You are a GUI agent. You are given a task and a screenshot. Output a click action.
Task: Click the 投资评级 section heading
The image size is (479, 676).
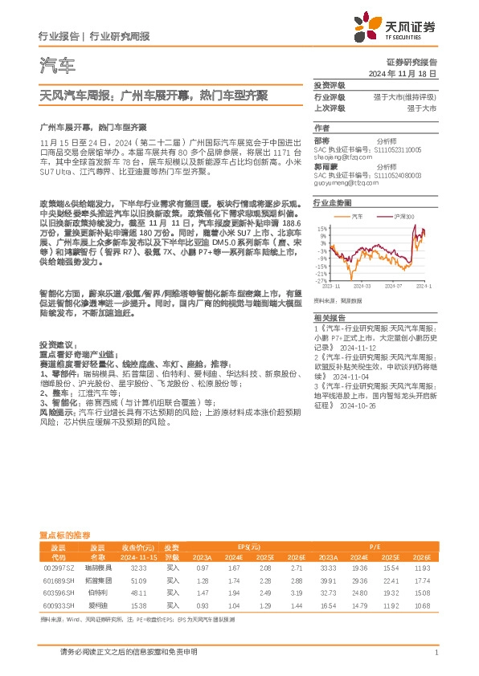click(329, 85)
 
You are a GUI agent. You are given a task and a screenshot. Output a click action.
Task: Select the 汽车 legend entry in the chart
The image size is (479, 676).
click(358, 218)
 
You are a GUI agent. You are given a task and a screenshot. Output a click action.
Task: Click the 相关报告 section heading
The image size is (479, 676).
click(329, 319)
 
